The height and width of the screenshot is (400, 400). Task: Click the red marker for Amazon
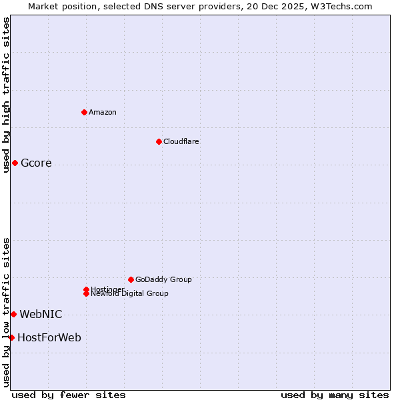pyautogui.click(x=84, y=112)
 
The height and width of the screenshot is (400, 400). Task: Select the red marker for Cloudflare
pyautogui.click(x=159, y=141)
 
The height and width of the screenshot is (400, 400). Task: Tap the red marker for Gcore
pyautogui.click(x=15, y=163)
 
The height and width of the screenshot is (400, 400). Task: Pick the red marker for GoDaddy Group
pyautogui.click(x=131, y=279)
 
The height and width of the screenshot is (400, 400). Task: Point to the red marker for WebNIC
pyautogui.click(x=13, y=314)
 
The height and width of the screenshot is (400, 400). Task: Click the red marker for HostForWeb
pyautogui.click(x=11, y=337)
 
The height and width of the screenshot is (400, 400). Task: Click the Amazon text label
pyautogui.click(x=102, y=112)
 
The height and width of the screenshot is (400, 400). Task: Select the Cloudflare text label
pyautogui.click(x=181, y=141)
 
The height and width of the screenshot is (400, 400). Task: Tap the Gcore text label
pyautogui.click(x=36, y=163)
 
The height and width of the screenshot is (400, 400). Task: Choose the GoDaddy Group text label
pyautogui.click(x=163, y=279)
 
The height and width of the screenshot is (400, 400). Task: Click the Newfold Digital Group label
pyautogui.click(x=129, y=293)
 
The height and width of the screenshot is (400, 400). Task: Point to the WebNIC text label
pyautogui.click(x=41, y=314)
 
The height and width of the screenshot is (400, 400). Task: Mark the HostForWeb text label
pyautogui.click(x=49, y=337)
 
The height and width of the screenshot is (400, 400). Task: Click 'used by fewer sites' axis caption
pyautogui.click(x=69, y=395)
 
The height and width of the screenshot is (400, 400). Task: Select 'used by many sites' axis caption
pyautogui.click(x=335, y=395)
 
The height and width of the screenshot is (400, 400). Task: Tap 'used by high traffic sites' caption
pyautogui.click(x=6, y=95)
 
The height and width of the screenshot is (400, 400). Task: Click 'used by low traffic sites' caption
pyautogui.click(x=6, y=312)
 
